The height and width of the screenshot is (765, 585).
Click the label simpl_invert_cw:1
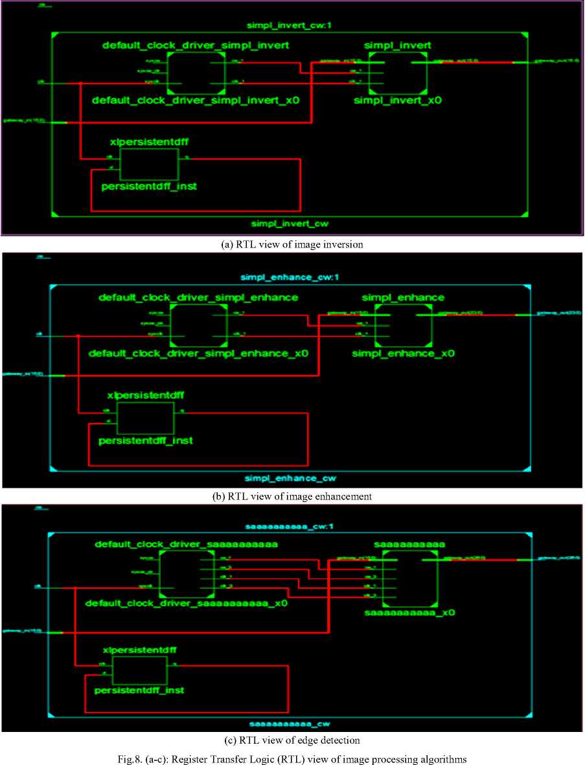click(290, 26)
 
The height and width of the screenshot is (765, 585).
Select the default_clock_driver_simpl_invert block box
click(197, 73)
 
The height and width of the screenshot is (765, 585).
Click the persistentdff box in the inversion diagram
click(149, 165)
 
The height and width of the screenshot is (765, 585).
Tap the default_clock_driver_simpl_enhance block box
click(199, 326)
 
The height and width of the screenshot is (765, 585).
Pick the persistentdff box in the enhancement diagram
click(146, 418)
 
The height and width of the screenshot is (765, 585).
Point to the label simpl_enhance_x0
click(403, 354)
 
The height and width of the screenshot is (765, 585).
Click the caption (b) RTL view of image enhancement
click(292, 496)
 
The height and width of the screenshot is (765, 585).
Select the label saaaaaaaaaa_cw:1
click(289, 527)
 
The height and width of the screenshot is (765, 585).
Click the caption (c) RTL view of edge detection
click(292, 740)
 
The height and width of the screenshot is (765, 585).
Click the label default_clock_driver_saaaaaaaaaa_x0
click(187, 603)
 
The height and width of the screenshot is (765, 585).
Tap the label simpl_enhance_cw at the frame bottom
click(290, 479)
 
